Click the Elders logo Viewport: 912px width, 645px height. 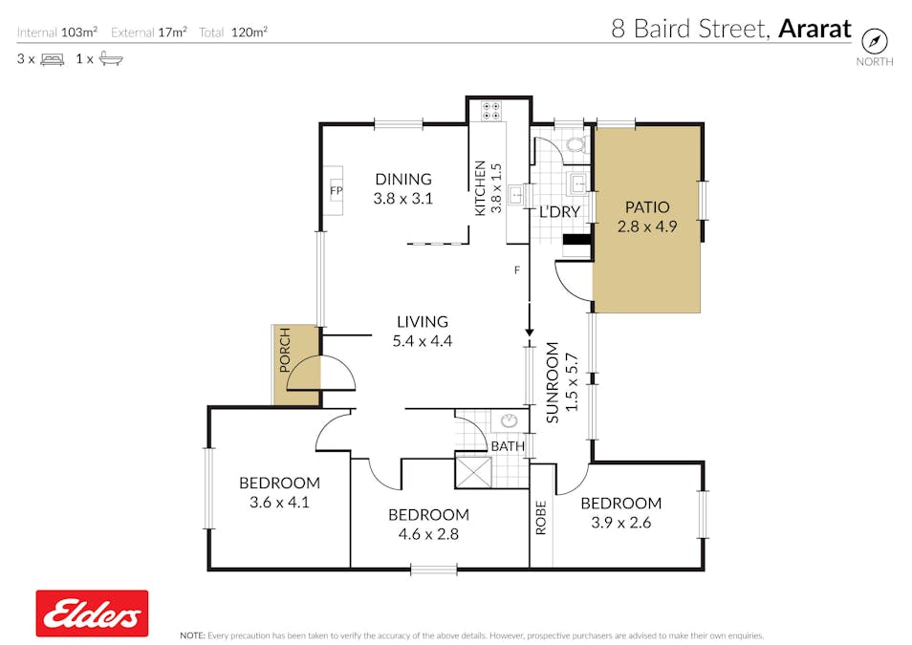(x=92, y=613)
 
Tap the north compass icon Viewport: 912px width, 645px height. (x=874, y=41)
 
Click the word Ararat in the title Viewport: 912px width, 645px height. (x=814, y=29)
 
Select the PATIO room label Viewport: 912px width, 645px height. (x=647, y=207)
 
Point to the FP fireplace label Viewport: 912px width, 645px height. (x=337, y=190)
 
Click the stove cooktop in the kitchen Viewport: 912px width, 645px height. (x=491, y=111)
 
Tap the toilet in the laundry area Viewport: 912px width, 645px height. (x=576, y=143)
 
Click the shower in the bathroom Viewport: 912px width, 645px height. (x=473, y=472)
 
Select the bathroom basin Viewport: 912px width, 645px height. (x=509, y=419)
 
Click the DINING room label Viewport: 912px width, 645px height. (x=403, y=179)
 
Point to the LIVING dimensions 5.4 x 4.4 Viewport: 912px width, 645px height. (x=423, y=341)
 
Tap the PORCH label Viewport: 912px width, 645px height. (x=285, y=350)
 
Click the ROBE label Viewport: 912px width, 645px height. (x=541, y=518)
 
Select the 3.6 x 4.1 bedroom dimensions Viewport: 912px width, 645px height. (x=279, y=503)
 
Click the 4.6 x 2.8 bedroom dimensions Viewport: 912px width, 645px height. (x=428, y=534)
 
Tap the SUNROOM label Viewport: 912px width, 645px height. (x=553, y=382)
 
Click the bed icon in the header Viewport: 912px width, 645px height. (x=53, y=58)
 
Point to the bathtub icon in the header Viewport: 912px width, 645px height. (x=111, y=58)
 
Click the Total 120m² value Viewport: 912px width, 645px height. (x=249, y=32)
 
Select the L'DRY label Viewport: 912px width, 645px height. (x=559, y=212)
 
